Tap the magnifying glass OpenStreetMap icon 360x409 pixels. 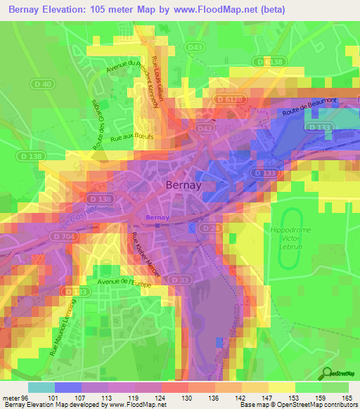click(x=328, y=375)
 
